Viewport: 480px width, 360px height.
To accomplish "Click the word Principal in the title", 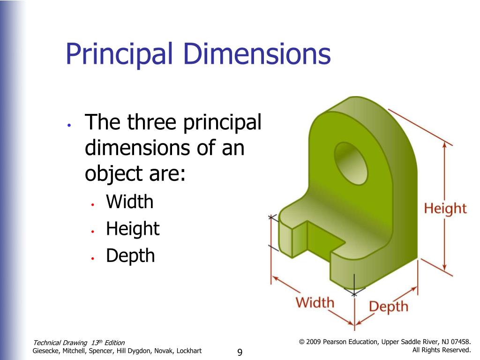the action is (120, 54).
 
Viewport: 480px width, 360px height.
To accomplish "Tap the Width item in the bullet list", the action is (130, 202).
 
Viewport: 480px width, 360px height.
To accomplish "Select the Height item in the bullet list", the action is (133, 229).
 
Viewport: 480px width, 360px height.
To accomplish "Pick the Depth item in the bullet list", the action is (130, 256).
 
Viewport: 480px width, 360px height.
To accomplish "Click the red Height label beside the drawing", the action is (445, 209).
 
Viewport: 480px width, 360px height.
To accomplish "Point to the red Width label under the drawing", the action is (315, 302).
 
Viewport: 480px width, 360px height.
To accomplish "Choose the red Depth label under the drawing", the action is (389, 307).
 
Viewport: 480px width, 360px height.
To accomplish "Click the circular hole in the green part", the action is (351, 164).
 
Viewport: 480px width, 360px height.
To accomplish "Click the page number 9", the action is (240, 352).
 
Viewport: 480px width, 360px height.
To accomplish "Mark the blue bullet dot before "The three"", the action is (69, 125).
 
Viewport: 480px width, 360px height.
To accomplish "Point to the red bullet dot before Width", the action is (92, 204).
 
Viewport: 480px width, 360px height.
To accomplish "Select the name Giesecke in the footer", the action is (45, 351).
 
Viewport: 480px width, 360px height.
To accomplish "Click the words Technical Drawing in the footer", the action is (60, 343).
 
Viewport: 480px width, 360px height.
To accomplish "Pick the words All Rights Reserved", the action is (442, 350).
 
